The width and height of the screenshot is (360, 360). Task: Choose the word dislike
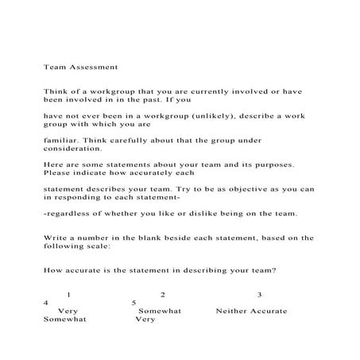[198, 215]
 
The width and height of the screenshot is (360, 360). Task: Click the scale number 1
[69, 295]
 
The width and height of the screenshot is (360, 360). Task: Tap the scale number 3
[259, 295]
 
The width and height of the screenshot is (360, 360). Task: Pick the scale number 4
[46, 303]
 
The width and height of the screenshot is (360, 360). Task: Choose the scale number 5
[134, 303]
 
